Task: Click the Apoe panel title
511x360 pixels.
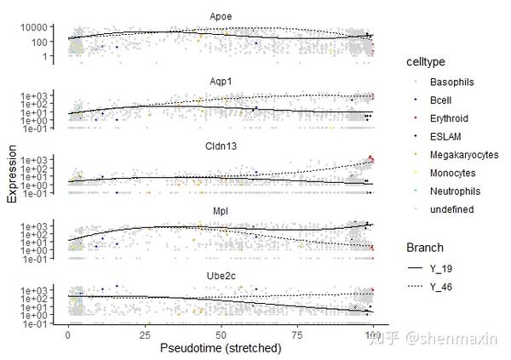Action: pyautogui.click(x=221, y=17)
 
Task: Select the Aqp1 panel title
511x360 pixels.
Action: pyautogui.click(x=221, y=82)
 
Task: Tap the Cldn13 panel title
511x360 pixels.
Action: pyautogui.click(x=221, y=146)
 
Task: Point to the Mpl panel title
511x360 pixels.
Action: pyautogui.click(x=221, y=211)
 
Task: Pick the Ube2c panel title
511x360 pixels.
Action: pyautogui.click(x=221, y=276)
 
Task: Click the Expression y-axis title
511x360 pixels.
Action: pyautogui.click(x=12, y=174)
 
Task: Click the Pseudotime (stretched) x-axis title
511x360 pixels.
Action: pyautogui.click(x=221, y=348)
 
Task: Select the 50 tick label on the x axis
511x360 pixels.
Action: pyautogui.click(x=221, y=334)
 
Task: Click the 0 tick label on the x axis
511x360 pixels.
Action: pyautogui.click(x=68, y=334)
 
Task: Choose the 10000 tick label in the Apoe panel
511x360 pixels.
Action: pyautogui.click(x=34, y=27)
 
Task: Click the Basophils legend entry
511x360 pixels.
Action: pyautogui.click(x=451, y=82)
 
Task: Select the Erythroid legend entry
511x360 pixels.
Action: pyautogui.click(x=449, y=118)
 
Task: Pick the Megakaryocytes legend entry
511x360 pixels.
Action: pyautogui.click(x=464, y=155)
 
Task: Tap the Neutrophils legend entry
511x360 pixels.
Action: pyautogui.click(x=455, y=191)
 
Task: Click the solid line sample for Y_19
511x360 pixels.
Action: pyautogui.click(x=416, y=268)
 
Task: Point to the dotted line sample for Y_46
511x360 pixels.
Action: pyautogui.click(x=416, y=286)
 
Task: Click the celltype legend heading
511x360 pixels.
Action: pyautogui.click(x=426, y=62)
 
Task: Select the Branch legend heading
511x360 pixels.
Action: pyautogui.click(x=425, y=248)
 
